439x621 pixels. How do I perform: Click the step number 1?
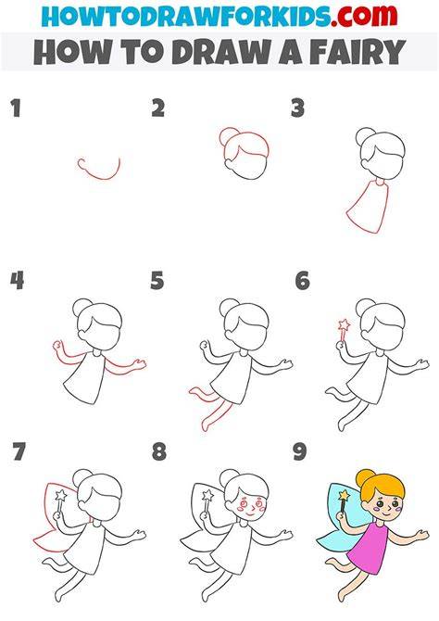pyautogui.click(x=16, y=108)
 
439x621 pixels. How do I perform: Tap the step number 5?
pyautogui.click(x=157, y=281)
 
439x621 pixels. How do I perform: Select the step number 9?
pyautogui.click(x=300, y=451)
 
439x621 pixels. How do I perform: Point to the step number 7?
pyautogui.click(x=19, y=451)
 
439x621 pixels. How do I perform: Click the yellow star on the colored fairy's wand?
pyautogui.click(x=345, y=495)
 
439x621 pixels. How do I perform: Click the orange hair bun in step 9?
pyautogui.click(x=364, y=478)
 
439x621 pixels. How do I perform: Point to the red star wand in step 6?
pyautogui.click(x=344, y=331)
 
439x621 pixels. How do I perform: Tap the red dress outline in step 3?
pyautogui.click(x=367, y=206)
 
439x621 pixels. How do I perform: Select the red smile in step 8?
pyautogui.click(x=250, y=513)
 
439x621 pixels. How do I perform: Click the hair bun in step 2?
pyautogui.click(x=228, y=136)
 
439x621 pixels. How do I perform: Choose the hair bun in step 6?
pyautogui.click(x=365, y=308)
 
